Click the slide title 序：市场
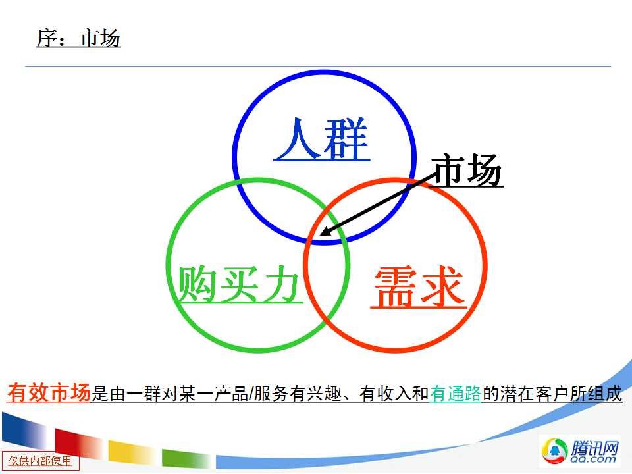click(78, 39)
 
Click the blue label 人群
click(322, 139)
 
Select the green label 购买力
click(240, 284)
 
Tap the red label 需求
click(419, 287)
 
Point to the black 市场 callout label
click(467, 170)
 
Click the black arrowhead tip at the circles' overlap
click(321, 235)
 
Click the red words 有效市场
click(49, 392)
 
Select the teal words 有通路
click(456, 394)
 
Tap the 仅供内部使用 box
click(40, 461)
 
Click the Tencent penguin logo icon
click(554, 450)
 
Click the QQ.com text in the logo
click(593, 459)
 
